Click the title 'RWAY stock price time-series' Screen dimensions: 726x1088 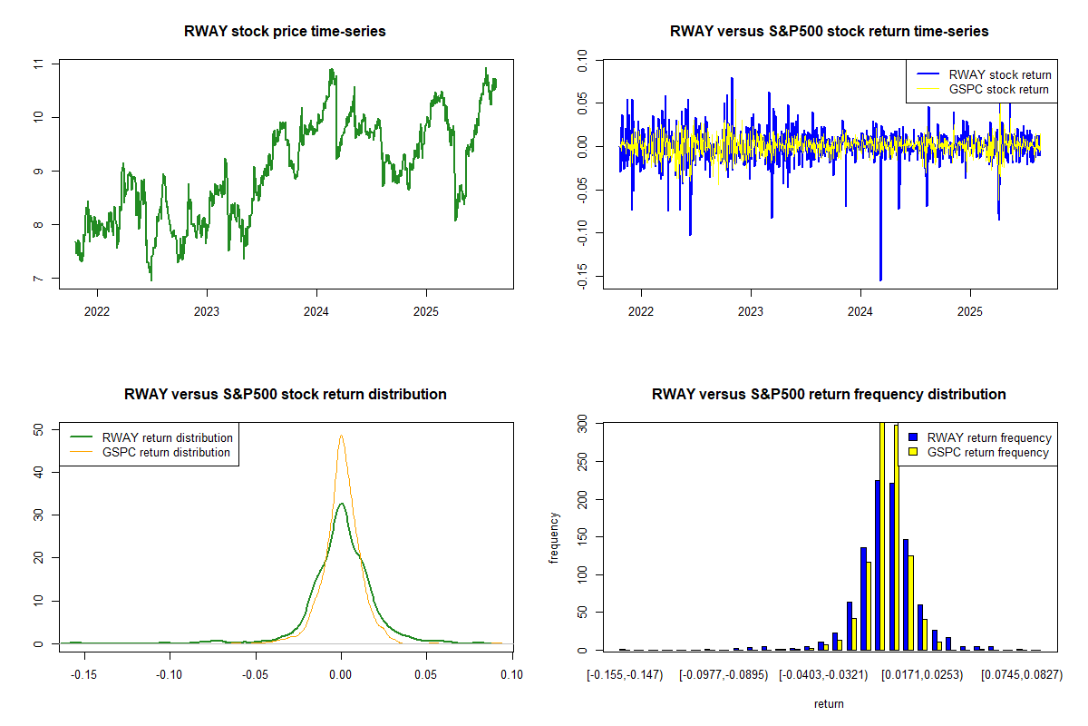286,32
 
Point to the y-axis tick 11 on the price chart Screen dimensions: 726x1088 38,64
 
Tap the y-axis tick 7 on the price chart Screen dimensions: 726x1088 38,279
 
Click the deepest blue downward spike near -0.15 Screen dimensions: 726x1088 880,279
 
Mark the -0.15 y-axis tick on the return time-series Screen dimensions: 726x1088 582,277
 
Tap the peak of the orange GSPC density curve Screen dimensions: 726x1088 341,436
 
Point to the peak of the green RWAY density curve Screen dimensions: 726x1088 341,504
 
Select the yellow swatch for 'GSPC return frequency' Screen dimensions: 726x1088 914,452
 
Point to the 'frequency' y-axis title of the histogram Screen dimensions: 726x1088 554,537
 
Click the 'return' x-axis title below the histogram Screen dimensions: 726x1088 829,704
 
